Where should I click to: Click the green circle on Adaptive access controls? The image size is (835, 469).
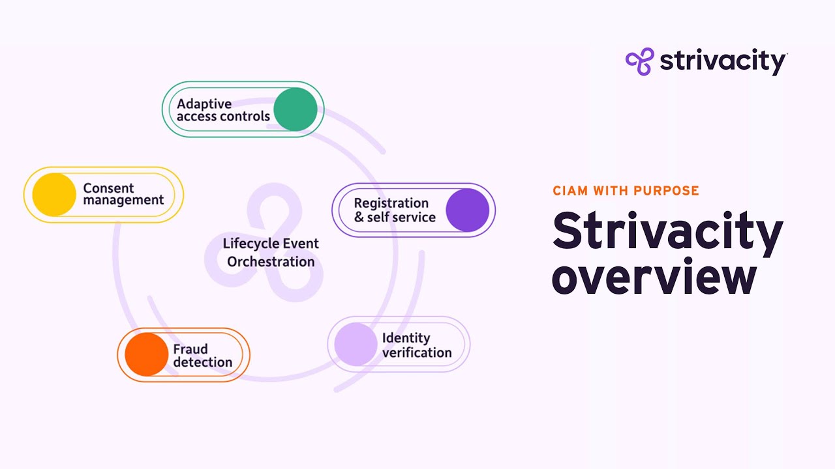point(296,109)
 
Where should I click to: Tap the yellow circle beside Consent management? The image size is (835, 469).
point(54,194)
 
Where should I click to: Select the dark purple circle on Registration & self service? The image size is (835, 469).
point(468,210)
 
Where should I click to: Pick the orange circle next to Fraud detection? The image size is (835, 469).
point(147,354)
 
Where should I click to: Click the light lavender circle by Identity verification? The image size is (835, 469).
point(356,344)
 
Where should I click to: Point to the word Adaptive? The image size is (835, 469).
point(204,104)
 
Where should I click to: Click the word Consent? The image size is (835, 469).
point(108,188)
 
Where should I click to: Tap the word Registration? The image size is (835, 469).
point(391,203)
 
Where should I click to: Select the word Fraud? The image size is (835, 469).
point(190,349)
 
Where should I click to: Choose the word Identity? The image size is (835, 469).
point(406,338)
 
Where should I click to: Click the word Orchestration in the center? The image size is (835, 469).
point(271,262)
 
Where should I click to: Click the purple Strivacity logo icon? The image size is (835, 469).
point(639,62)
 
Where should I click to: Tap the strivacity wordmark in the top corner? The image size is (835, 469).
point(723,62)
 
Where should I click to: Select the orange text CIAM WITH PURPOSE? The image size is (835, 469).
point(626,191)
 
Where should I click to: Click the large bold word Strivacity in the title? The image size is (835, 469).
point(667,231)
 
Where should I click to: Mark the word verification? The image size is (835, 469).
point(417,353)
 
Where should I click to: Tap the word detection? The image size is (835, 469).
point(202,362)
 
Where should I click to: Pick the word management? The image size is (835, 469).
point(123,201)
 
